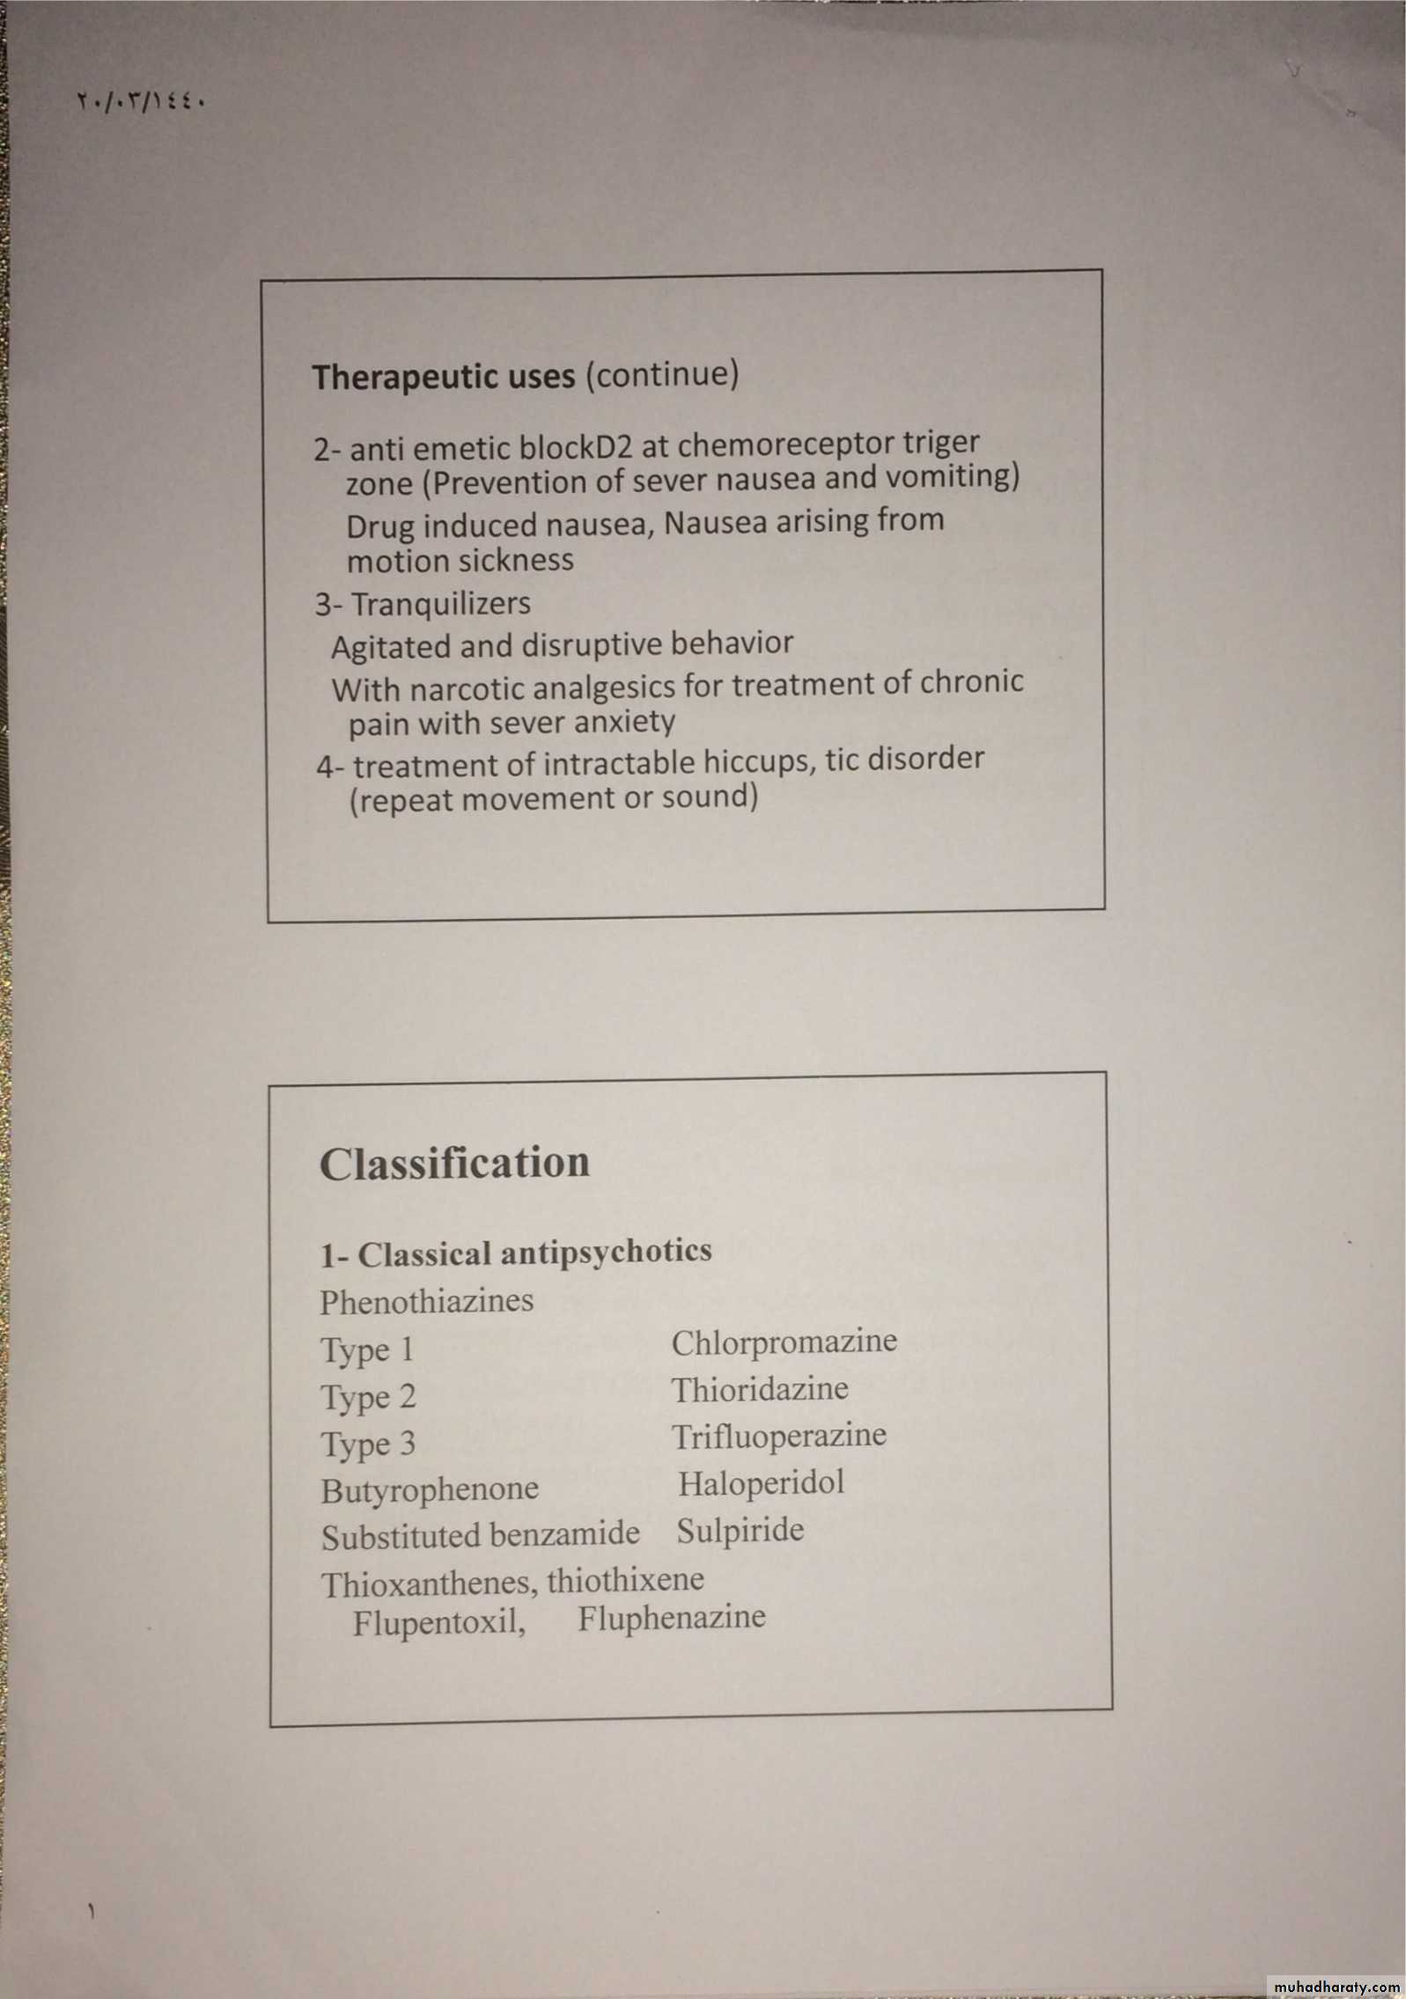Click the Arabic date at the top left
142,102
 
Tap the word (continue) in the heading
662,373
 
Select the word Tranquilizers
441,604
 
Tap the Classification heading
454,1163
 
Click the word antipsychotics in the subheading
605,1251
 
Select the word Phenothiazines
426,1301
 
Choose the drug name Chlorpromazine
784,1341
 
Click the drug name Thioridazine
760,1389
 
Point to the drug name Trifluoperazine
778,1436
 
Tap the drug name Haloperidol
761,1483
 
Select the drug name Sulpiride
740,1530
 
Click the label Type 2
368,1397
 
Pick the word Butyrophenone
430,1489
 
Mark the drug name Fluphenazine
672,1617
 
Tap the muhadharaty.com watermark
1336,1986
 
